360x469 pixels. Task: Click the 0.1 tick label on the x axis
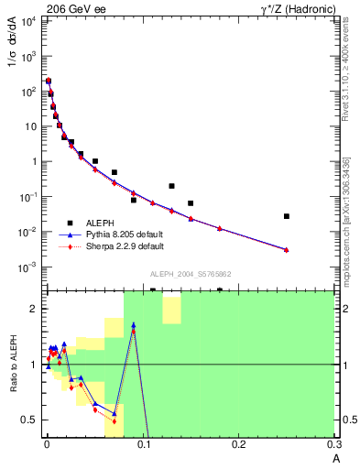[x=142, y=445]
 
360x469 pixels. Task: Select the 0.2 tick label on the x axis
[x=238, y=445]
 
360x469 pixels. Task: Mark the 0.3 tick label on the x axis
[x=334, y=445]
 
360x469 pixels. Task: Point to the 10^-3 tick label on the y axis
[x=27, y=267]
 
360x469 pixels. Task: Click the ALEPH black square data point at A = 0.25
[x=287, y=216]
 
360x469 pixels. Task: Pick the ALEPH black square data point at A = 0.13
[x=171, y=186]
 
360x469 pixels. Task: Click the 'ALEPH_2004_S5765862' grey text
[x=190, y=274]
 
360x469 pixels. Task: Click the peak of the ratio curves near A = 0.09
[x=133, y=325]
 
